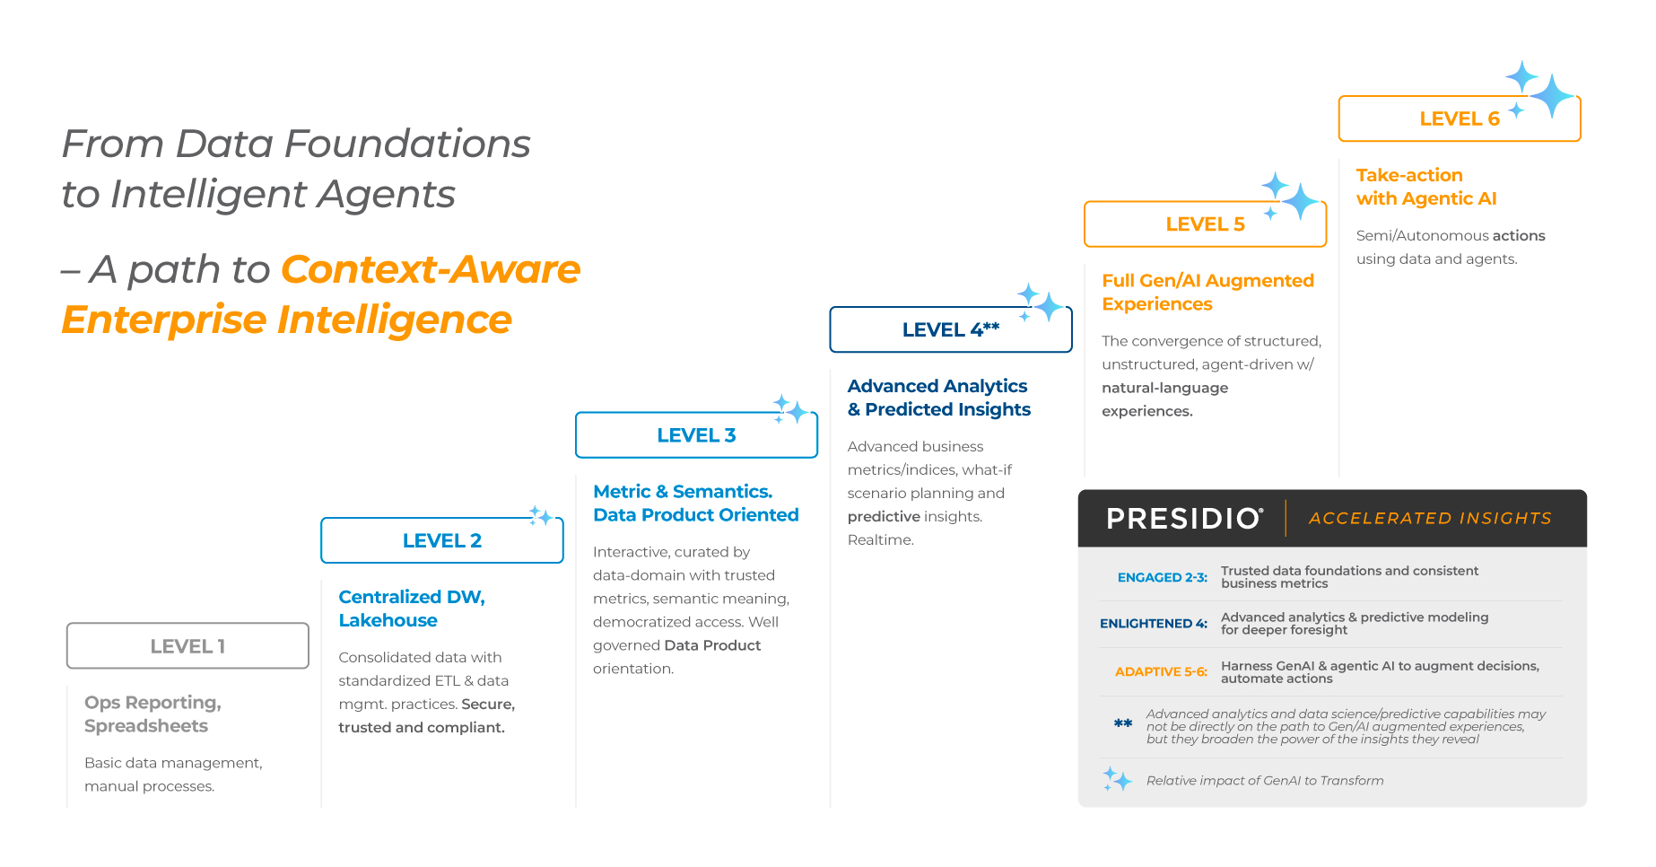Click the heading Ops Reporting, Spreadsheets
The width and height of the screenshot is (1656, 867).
(153, 714)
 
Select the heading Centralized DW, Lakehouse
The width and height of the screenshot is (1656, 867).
(412, 609)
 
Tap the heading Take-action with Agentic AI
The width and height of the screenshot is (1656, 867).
(1426, 187)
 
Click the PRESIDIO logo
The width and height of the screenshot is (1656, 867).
(1185, 518)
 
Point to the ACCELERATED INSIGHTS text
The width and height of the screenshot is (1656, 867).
(1430, 518)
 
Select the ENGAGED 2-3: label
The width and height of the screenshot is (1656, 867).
(1163, 577)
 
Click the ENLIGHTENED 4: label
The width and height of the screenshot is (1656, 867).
(1154, 624)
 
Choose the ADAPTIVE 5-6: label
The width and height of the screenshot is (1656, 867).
(1161, 671)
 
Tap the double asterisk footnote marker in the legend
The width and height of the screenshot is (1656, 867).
(1123, 723)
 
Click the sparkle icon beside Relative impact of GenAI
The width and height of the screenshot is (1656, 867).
(1117, 779)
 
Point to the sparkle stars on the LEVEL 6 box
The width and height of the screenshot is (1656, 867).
(1541, 90)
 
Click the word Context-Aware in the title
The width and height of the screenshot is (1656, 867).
(431, 269)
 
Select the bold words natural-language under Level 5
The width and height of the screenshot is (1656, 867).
(1165, 388)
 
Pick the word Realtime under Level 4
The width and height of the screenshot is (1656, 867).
(881, 539)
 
